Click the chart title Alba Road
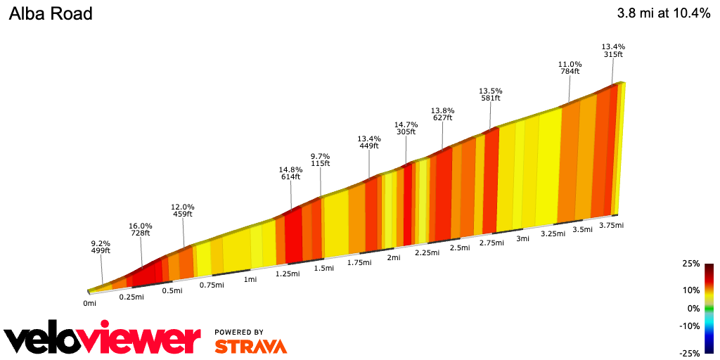point(51,13)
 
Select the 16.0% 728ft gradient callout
point(140,229)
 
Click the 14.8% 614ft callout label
point(290,173)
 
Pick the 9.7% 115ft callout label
point(320,160)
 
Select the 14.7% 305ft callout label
point(405,127)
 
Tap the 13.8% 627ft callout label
point(442,114)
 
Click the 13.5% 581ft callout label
point(490,94)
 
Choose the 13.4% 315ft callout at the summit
point(613,50)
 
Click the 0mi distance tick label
point(89,304)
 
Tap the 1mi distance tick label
point(250,280)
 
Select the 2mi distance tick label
point(394,257)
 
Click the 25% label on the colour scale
point(691,264)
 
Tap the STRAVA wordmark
point(250,346)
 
